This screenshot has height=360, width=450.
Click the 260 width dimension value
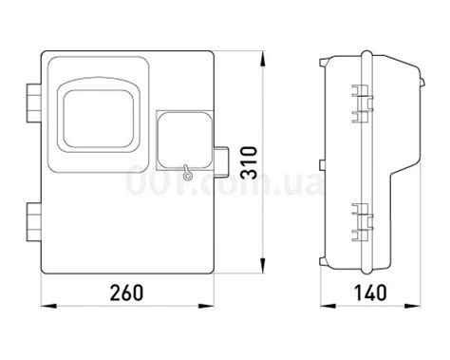pos(126,293)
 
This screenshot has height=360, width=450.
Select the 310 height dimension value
pos(249,162)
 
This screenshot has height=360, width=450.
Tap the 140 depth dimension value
pos(370,293)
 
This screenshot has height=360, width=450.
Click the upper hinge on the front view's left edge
pos(33,103)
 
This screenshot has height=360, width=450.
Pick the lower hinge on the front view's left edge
pos(33,222)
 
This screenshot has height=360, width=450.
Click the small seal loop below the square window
pos(187,173)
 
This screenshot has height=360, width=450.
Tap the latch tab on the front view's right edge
pos(221,161)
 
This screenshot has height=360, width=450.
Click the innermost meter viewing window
pos(98,119)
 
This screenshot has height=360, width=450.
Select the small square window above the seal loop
pos(185,140)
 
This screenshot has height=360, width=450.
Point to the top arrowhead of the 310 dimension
pos(263,59)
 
